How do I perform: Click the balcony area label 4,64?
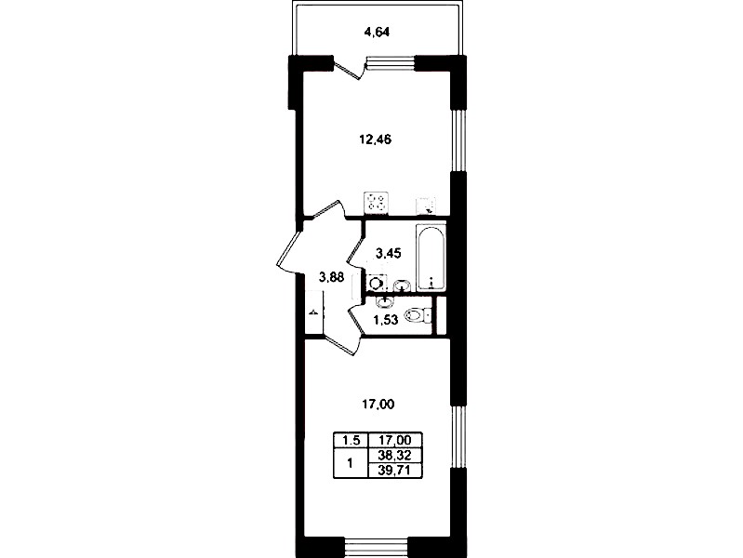pyautogui.click(x=377, y=33)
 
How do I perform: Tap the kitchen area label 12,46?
pyautogui.click(x=375, y=139)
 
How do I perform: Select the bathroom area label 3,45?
pyautogui.click(x=388, y=253)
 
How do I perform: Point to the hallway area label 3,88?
pyautogui.click(x=331, y=277)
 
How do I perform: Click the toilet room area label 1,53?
pyautogui.click(x=385, y=320)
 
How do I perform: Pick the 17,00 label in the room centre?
pyautogui.click(x=378, y=405)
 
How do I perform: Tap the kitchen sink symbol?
pyautogui.click(x=426, y=206)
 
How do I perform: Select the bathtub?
pyautogui.click(x=431, y=258)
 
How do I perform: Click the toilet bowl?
pyautogui.click(x=417, y=315)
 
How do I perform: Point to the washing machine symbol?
pyautogui.click(x=377, y=284)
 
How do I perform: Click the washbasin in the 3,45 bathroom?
pyautogui.click(x=402, y=286)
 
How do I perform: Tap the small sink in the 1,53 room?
pyautogui.click(x=384, y=301)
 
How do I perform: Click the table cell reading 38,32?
pyautogui.click(x=394, y=455)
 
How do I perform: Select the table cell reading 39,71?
pyautogui.click(x=394, y=470)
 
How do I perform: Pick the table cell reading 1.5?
pyautogui.click(x=352, y=441)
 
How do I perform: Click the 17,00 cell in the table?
pyautogui.click(x=394, y=441)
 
